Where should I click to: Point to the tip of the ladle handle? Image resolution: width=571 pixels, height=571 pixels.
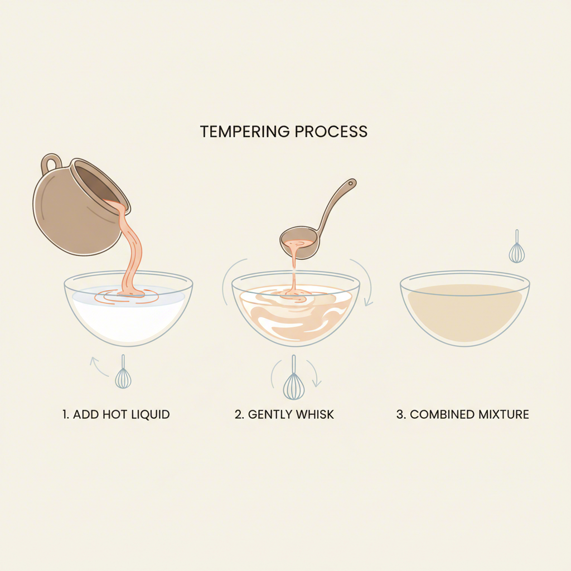point(351,182)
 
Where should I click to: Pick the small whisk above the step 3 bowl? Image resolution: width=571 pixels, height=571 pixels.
point(517,248)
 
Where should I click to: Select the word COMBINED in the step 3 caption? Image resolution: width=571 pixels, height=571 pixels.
point(441,414)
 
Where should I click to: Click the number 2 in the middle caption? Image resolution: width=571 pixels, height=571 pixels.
point(238,414)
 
